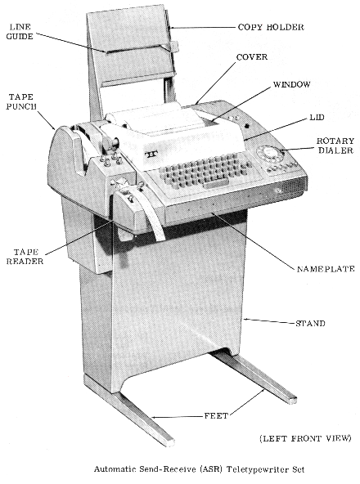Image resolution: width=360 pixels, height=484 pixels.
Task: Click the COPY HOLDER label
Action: pos(271,27)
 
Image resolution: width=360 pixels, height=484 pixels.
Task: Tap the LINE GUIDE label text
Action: pos(20,32)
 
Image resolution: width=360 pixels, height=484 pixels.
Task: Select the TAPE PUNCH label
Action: pos(21,102)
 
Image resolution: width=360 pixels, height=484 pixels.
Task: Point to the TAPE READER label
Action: pos(25,257)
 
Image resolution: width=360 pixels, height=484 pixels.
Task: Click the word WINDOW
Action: pos(292,84)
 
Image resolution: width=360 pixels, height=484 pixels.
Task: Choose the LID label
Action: pos(317,117)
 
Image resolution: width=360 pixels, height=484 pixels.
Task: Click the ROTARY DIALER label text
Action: pos(335,146)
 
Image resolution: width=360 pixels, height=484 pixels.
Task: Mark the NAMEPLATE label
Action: pos(326,269)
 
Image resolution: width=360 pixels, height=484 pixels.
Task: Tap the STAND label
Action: pos(310,324)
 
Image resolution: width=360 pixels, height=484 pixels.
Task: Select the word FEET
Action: pos(216,416)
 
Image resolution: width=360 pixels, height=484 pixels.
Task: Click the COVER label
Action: pos(252,57)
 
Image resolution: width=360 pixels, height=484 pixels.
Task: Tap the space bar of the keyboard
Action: pos(215,184)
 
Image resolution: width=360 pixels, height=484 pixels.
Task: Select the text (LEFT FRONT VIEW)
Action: pos(305,438)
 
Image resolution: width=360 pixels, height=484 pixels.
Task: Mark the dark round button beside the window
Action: pos(246,126)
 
